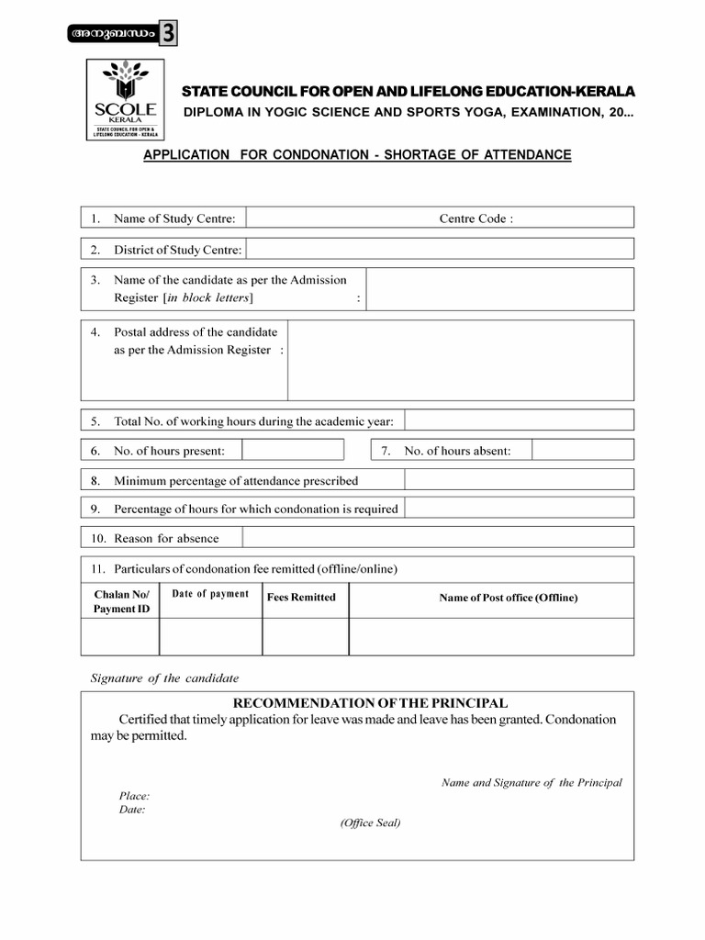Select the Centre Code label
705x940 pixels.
[476, 218]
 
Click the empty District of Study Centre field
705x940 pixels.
[440, 249]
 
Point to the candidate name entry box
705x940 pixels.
[500, 289]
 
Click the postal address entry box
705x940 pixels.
[461, 360]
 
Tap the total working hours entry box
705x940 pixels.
[519, 420]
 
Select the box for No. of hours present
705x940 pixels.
[293, 450]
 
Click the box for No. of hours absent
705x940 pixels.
[582, 450]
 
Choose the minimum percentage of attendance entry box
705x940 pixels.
[519, 479]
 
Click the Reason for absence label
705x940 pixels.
[166, 538]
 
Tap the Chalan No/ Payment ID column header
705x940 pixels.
[119, 601]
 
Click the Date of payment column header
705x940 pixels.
[210, 594]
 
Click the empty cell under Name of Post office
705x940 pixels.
[491, 636]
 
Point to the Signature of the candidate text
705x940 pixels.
[164, 678]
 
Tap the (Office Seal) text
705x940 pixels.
[370, 822]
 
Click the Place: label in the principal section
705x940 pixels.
[134, 796]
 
